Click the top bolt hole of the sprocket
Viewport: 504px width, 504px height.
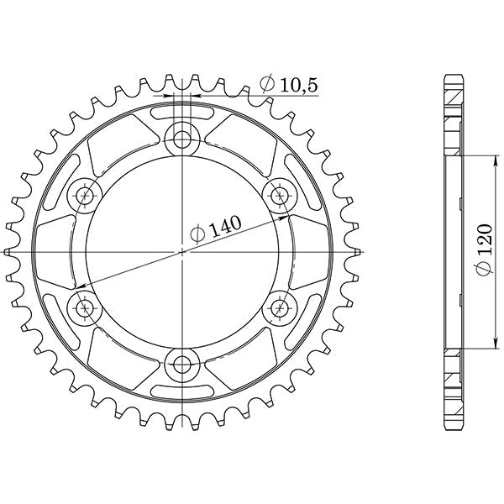point(182,138)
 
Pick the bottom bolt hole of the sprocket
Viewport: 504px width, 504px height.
point(182,365)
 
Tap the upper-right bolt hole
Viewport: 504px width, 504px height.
point(280,195)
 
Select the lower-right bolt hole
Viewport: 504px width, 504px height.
point(280,308)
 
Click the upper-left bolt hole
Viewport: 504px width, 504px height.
point(84,195)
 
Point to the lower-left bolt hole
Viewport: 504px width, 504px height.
point(84,308)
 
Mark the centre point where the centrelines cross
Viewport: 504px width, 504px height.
point(182,251)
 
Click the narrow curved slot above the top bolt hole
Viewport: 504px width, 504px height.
point(182,109)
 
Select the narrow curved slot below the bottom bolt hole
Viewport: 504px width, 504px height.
point(182,393)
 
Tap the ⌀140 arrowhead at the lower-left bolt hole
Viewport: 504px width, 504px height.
point(81,288)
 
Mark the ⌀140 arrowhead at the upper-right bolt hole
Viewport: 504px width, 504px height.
point(283,214)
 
